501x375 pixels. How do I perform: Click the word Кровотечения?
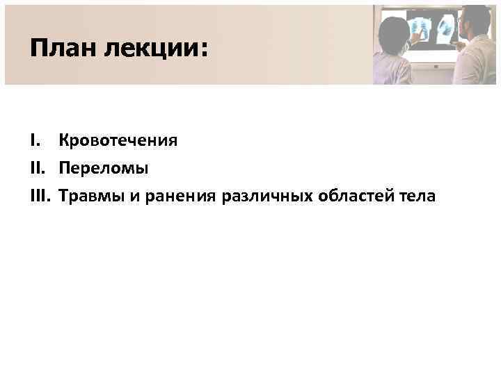coord(118,142)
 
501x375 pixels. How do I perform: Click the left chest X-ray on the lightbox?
coord(420,28)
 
